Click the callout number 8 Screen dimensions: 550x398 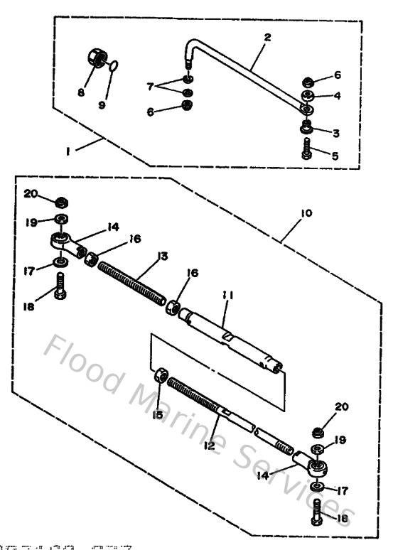81,92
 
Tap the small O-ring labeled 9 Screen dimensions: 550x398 114,68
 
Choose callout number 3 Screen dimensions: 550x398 335,132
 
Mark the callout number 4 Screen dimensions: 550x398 337,95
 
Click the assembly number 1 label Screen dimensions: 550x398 69,151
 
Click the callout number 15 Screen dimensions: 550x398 158,414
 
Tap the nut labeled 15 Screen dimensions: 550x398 161,377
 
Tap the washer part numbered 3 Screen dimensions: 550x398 307,127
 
